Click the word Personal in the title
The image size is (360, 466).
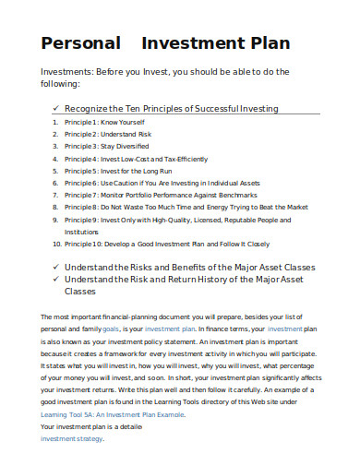[x=81, y=43]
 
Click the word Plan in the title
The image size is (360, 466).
[x=267, y=43]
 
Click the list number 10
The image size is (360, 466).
[x=55, y=245]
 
